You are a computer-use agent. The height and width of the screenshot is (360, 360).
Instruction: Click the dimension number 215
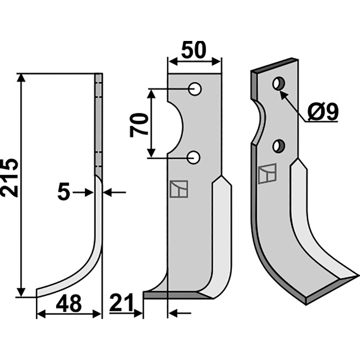pos(9,177)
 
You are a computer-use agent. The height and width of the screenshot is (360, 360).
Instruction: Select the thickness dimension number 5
pos(63,193)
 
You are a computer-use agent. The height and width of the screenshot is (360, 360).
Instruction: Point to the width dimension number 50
pos(193,50)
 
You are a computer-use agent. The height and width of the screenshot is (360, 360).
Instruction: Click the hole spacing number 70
pos(139,125)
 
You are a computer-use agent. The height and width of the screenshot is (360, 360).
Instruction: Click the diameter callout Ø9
pos(324,112)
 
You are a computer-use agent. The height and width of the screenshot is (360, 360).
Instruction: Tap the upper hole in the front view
pos(195,89)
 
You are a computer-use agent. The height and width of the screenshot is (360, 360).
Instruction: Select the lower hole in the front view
pos(193,157)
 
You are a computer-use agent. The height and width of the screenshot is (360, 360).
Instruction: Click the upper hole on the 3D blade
pos(279,84)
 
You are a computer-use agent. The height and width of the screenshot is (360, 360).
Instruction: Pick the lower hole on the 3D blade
pos(279,145)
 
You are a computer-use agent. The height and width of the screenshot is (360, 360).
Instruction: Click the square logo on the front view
pos(179,189)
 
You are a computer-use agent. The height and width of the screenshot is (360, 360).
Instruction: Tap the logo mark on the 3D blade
pos(267,174)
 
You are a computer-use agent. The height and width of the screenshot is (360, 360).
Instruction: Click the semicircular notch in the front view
pos(175,127)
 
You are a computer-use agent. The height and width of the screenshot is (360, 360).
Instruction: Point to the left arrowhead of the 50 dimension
pos(173,62)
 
